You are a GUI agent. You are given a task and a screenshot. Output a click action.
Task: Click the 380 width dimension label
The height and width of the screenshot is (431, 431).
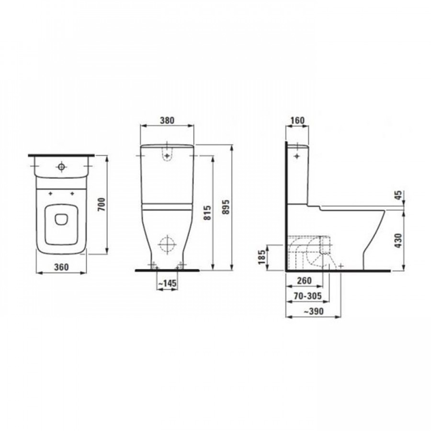pos(167,120)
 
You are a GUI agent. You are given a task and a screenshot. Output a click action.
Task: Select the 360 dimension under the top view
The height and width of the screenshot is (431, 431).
pos(61,267)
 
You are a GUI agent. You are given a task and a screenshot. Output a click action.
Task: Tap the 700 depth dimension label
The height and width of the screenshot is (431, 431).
pos(102,204)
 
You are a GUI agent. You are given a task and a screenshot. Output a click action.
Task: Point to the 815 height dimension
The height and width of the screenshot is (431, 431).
pos(208,213)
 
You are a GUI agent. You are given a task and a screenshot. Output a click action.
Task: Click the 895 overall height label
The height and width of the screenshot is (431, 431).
pos(226,207)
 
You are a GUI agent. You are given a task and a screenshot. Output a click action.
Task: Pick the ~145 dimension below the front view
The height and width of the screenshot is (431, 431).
pos(167,283)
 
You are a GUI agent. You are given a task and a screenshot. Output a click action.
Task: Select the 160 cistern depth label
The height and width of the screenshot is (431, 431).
pos(297,120)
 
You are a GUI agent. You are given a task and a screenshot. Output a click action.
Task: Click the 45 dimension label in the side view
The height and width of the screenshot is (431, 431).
pos(398,195)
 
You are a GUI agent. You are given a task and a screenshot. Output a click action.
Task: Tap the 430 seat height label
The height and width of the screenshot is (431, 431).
pos(398,241)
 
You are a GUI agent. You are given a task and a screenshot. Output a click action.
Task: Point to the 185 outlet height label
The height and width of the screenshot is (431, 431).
pos(262,257)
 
